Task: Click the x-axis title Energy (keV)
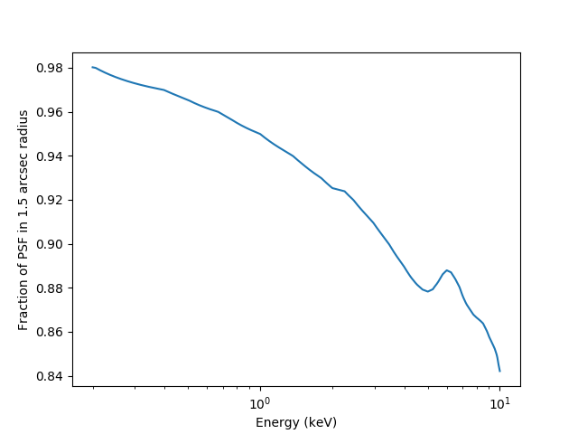[296, 422]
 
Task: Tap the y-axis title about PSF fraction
[24, 220]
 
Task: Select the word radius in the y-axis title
[24, 131]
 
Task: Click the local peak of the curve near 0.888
[447, 269]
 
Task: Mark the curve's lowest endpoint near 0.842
[499, 371]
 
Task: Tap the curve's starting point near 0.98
[93, 67]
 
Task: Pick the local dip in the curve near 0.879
[428, 291]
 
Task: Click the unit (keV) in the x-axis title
[321, 422]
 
